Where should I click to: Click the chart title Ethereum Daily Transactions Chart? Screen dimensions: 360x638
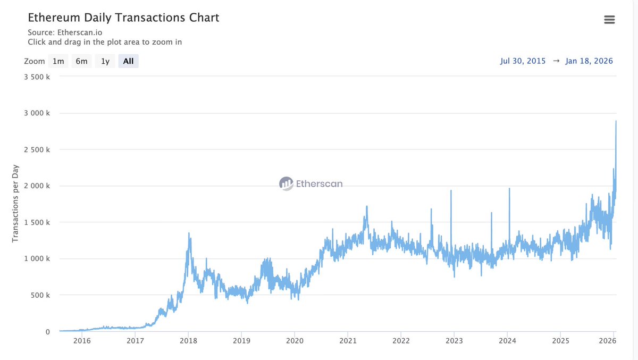click(x=123, y=18)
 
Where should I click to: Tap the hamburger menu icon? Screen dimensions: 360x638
click(x=609, y=20)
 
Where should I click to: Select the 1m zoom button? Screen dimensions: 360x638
click(x=58, y=61)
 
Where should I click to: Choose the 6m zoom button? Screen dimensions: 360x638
click(x=81, y=61)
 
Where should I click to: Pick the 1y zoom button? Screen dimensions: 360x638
click(x=105, y=61)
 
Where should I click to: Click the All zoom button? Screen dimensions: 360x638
click(x=128, y=61)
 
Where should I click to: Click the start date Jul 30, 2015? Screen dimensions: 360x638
click(x=523, y=61)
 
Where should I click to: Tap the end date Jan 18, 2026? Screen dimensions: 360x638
click(x=589, y=61)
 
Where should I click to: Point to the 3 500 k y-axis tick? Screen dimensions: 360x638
click(x=37, y=77)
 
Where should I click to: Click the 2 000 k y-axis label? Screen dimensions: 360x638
click(x=37, y=186)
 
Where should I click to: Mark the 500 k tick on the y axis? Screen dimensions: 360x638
click(x=41, y=295)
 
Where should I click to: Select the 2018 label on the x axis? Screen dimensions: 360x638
click(x=188, y=341)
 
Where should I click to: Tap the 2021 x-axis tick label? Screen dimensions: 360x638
click(x=348, y=341)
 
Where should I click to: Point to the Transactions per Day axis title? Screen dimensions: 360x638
click(x=15, y=204)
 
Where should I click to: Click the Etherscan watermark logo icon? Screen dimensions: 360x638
click(x=286, y=184)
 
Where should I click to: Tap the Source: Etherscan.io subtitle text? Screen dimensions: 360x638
click(x=65, y=32)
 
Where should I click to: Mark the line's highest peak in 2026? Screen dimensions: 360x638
click(x=616, y=121)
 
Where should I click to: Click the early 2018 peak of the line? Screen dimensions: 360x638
click(x=189, y=233)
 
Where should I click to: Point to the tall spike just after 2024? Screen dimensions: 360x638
click(x=509, y=188)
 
